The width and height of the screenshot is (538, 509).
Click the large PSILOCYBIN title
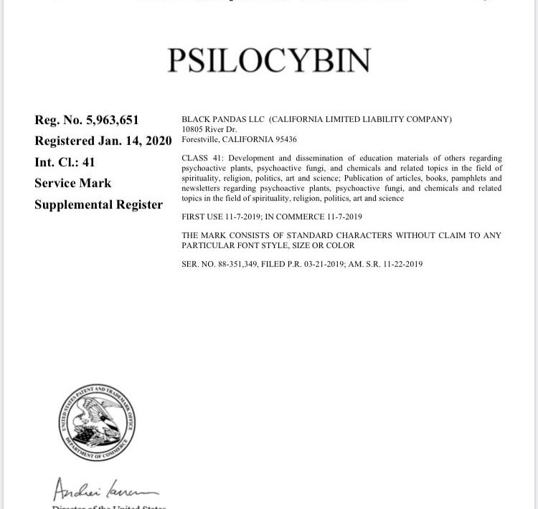click(269, 61)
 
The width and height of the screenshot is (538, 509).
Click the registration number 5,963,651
click(108, 120)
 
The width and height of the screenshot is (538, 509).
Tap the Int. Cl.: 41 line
click(65, 162)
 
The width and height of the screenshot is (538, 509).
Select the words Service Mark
click(72, 183)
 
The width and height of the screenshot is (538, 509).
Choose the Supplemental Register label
click(98, 204)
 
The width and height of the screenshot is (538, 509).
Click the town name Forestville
click(201, 139)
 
